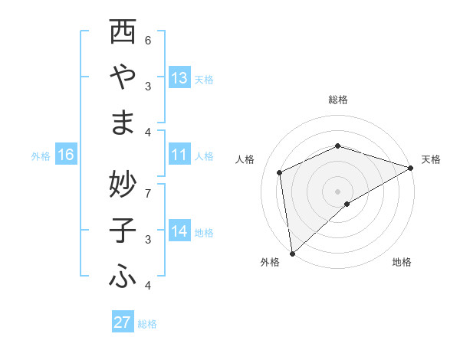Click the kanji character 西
coord(123,33)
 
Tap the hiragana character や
coord(123,77)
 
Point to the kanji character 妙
coord(123,183)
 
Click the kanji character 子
coord(123,231)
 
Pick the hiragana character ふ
coord(123,277)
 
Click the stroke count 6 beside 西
coord(148,40)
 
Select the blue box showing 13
coord(179,78)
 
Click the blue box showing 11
coord(179,155)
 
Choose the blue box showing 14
coord(179,232)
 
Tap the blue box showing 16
coord(66,155)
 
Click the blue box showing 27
coord(123,322)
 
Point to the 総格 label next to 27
coord(147,323)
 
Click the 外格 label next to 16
coord(41,156)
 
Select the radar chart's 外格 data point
coord(292,254)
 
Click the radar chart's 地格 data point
coord(347,204)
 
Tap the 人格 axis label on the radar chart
coord(245,159)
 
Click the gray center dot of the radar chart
coord(337,191)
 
